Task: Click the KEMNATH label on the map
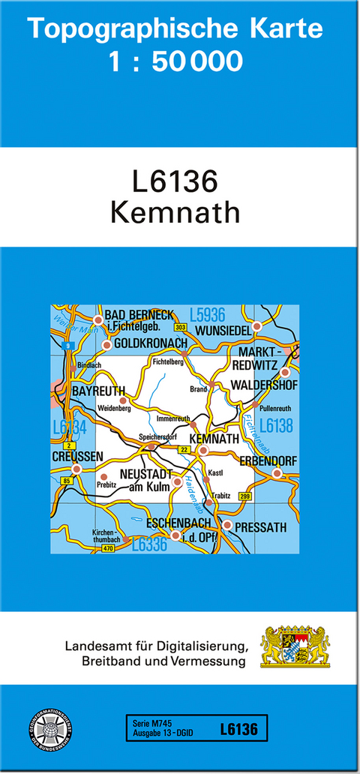pos(214,439)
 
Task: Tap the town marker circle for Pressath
pos(228,526)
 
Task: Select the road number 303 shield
pos(180,328)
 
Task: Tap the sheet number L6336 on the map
pos(149,546)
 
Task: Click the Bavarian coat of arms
pos(295,646)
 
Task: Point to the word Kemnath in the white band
pos(175,212)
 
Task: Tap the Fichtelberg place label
pos(168,361)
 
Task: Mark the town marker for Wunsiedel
pos(256,325)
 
